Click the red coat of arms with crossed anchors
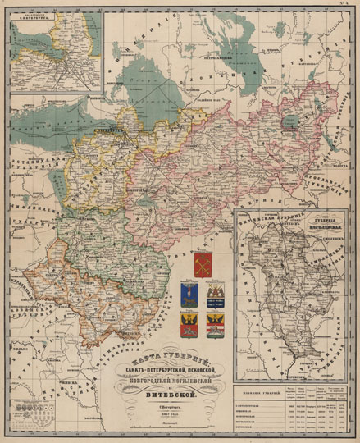click(203, 264)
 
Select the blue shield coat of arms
click(188, 295)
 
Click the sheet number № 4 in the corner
click(347, 5)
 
